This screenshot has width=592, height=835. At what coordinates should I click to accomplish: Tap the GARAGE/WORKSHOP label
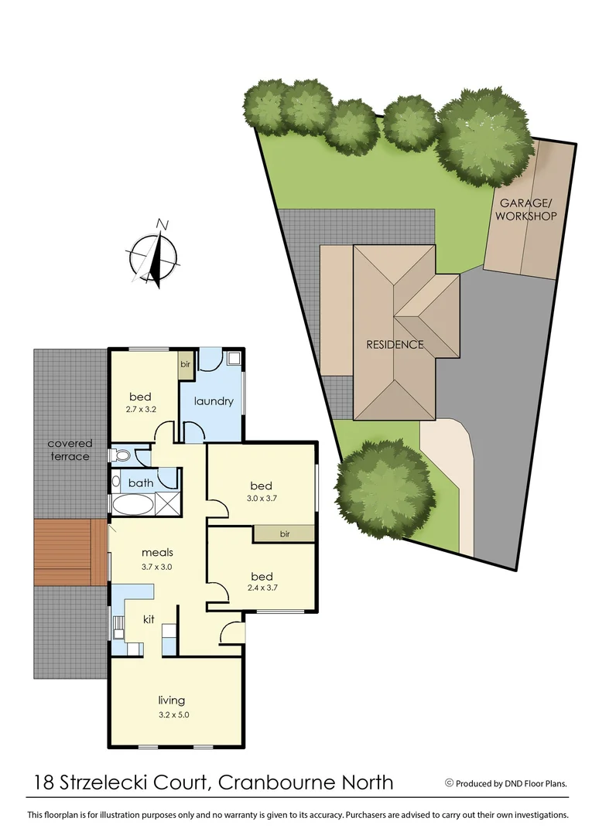(x=526, y=210)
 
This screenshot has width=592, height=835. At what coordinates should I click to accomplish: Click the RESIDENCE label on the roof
(x=395, y=344)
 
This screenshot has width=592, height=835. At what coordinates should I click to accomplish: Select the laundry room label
(x=214, y=401)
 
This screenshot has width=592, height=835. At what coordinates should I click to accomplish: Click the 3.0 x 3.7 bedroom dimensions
(x=261, y=499)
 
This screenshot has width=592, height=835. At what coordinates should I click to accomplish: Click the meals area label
(x=157, y=553)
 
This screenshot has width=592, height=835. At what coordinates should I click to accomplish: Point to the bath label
(x=142, y=483)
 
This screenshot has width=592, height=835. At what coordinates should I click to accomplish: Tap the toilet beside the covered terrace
(x=120, y=455)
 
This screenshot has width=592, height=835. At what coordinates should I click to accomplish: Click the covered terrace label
(x=70, y=450)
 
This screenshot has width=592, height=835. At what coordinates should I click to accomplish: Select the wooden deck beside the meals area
(x=70, y=550)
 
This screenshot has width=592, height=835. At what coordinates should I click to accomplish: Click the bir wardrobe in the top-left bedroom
(x=185, y=364)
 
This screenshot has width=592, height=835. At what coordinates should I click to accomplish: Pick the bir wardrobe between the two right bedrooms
(x=284, y=533)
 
